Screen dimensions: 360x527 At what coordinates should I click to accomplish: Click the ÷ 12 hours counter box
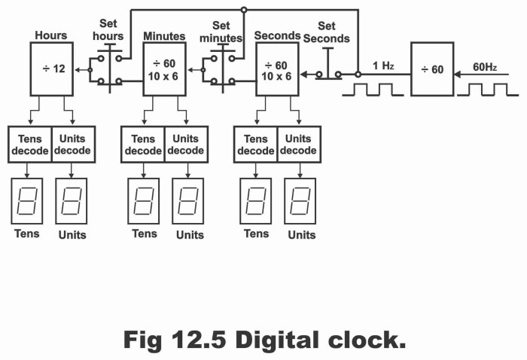point(51,69)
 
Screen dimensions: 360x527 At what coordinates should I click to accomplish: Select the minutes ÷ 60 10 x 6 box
point(164,69)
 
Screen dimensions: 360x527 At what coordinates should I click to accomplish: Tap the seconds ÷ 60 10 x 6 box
point(277,69)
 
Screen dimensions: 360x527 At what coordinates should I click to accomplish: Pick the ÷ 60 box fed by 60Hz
point(431,69)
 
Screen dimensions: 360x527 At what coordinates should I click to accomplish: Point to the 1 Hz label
point(383,66)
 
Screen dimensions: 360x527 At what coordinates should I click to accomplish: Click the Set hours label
point(108,31)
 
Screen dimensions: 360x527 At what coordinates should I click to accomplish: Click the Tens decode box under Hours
point(29,145)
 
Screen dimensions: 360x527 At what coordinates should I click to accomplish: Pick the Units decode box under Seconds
point(299,145)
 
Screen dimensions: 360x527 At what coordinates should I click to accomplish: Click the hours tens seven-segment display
point(28,201)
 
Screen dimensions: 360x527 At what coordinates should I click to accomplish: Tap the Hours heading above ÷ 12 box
point(51,35)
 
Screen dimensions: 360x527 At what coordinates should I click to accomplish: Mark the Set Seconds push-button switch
point(328,68)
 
